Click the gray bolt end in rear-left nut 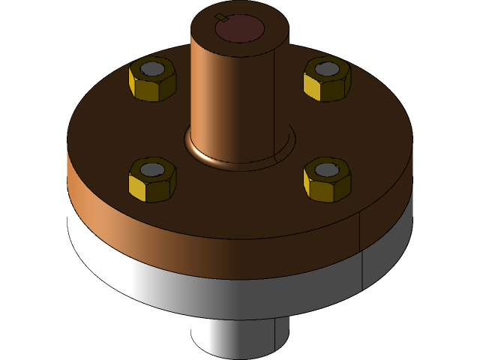click(x=153, y=69)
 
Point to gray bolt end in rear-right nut click(x=327, y=69)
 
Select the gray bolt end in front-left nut click(x=152, y=169)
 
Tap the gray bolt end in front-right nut click(x=326, y=170)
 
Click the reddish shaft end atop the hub click(x=239, y=28)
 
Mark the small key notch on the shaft click(x=219, y=16)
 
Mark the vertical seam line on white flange click(x=362, y=270)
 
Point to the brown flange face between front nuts click(x=240, y=199)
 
